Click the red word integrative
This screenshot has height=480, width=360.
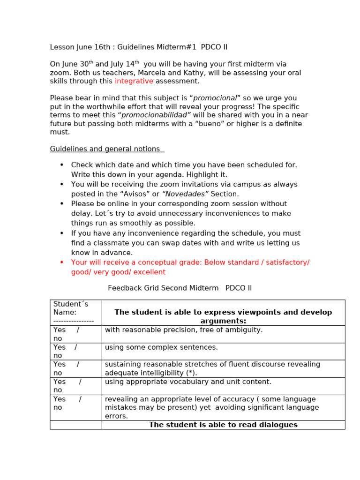(x=134, y=81)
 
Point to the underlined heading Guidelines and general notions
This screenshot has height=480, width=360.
(x=107, y=149)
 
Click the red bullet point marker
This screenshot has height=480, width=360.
(x=61, y=262)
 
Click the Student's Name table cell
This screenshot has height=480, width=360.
(x=75, y=312)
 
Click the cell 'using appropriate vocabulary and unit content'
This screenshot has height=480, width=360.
(x=188, y=382)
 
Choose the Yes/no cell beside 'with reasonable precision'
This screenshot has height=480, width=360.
(x=75, y=334)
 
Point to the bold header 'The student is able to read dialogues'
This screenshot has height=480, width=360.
(x=223, y=425)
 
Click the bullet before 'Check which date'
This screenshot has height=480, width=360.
(x=61, y=165)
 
